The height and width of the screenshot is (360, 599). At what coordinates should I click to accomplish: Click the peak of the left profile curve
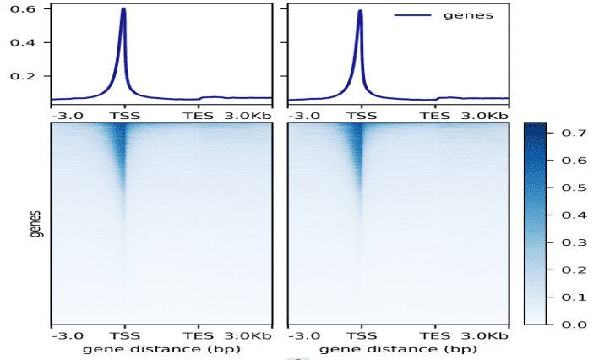(123, 10)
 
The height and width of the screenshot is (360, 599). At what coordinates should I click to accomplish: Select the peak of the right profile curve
(360, 12)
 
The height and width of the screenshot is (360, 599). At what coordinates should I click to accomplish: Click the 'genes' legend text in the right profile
(468, 14)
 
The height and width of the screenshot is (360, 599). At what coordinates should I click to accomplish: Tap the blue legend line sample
(411, 15)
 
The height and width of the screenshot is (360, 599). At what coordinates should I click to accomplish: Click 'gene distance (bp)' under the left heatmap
(161, 348)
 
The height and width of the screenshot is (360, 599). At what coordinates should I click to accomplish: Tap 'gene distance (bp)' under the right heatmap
(398, 348)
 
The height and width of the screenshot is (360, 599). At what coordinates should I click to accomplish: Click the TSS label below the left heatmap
(124, 335)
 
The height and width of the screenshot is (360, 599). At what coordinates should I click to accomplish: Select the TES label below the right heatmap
(435, 335)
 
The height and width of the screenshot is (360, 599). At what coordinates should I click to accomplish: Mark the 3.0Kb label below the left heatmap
(248, 335)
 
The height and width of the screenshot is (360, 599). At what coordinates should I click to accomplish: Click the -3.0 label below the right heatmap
(303, 335)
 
